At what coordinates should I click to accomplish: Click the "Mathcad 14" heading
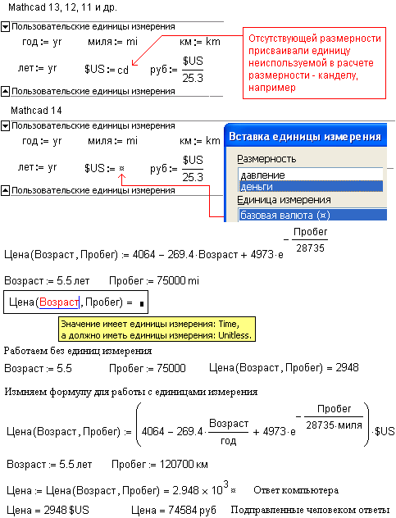pos(36,111)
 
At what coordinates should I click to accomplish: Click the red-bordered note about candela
pos(314,63)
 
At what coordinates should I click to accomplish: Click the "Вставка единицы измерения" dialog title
pos(305,136)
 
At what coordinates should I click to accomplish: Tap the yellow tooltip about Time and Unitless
pos(157,329)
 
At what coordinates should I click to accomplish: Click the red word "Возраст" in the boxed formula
pos(59,302)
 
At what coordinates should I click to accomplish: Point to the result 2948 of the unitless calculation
pos(347,368)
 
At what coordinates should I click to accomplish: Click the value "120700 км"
pos(184,465)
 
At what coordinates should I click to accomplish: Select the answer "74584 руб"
pos(192,510)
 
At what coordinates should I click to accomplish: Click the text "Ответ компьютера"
pos(296,490)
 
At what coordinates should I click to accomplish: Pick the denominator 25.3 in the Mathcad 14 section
pos(193,177)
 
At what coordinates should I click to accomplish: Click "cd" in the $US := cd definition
pos(123,70)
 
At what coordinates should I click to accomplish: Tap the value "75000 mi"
pos(178,281)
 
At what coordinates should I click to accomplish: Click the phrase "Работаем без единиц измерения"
pos(78,351)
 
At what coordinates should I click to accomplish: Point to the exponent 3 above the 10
pos(225,484)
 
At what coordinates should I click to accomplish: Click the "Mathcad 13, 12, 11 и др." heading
pos(62,7)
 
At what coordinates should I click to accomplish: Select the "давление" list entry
pos(262,175)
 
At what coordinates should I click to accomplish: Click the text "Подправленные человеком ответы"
pos(310,510)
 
